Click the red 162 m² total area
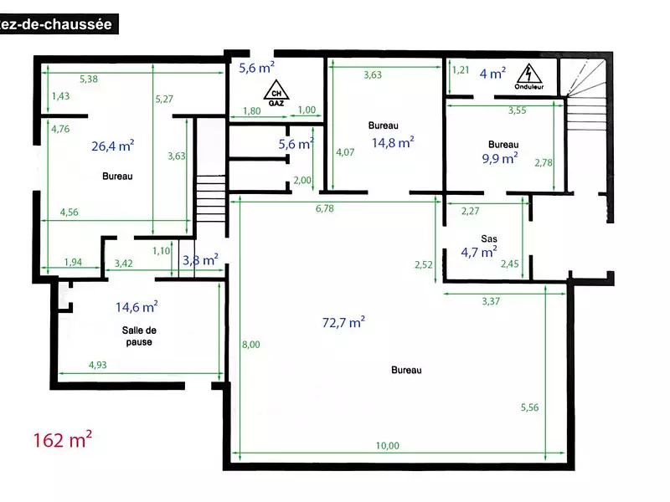62,439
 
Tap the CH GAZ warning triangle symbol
276,93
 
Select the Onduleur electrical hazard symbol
529,77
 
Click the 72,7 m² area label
343,322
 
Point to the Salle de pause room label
139,336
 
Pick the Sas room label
489,238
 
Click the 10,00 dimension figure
388,446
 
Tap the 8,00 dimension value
250,345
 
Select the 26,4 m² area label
113,146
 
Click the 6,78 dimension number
325,208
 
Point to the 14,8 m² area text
393,142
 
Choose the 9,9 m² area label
500,158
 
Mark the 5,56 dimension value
529,407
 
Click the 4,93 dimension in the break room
98,365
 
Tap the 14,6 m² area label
137,307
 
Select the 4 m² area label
492,74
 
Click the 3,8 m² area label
200,259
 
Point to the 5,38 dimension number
89,79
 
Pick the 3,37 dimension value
491,301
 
